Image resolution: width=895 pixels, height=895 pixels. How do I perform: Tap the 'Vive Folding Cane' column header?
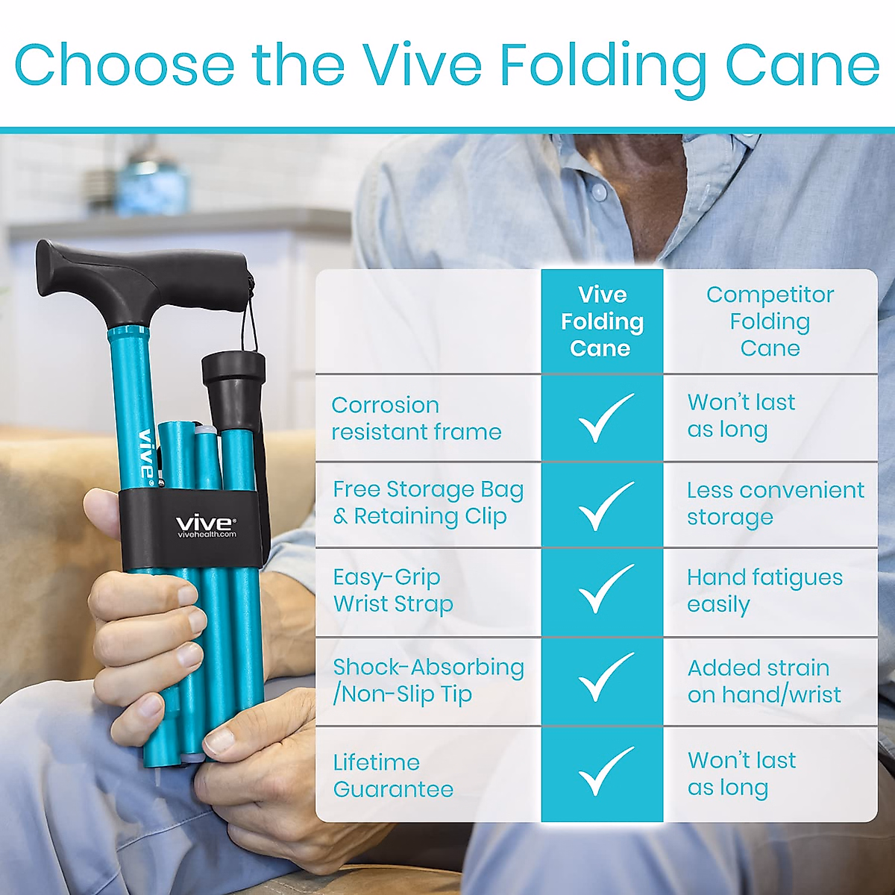tap(602, 321)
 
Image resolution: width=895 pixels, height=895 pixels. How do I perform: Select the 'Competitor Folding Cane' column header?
tap(770, 321)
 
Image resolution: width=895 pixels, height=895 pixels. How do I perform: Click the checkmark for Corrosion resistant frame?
tap(603, 418)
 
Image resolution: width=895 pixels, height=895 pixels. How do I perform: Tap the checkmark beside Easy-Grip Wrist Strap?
tap(603, 589)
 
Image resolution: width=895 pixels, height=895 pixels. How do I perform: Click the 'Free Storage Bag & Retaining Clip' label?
tap(427, 503)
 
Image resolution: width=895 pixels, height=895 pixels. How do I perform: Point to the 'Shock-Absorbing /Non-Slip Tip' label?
tap(427, 680)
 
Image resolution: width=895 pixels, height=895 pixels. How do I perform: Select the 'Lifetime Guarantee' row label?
tap(393, 776)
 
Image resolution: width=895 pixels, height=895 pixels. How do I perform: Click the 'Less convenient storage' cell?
tap(774, 503)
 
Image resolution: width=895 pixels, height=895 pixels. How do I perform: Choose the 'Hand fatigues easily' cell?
tap(764, 591)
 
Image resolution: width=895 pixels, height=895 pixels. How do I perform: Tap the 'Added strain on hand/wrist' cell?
tap(764, 681)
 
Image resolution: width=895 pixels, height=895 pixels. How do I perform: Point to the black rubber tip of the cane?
tap(234, 390)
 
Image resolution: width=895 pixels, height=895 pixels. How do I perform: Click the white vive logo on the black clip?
tap(206, 524)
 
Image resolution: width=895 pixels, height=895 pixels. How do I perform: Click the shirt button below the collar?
tap(599, 192)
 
